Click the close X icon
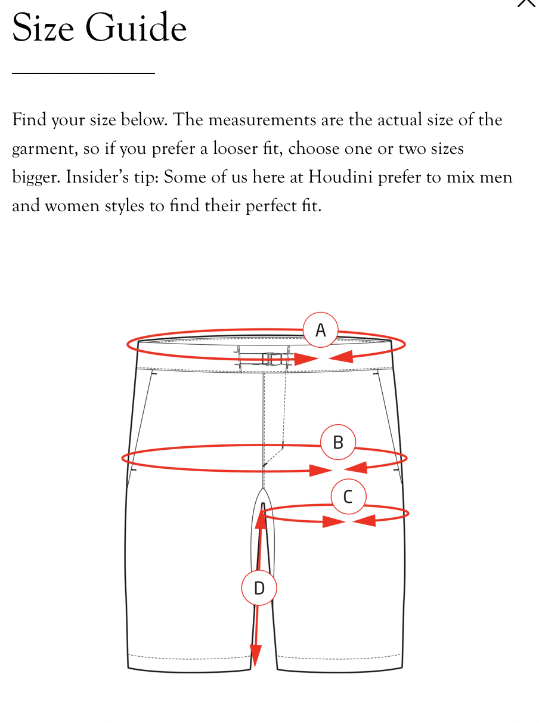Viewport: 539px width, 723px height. [x=527, y=2]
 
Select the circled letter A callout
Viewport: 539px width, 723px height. [x=320, y=330]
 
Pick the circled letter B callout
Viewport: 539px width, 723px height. [x=338, y=443]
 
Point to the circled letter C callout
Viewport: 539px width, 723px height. [x=348, y=496]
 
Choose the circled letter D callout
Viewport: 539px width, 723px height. [x=259, y=588]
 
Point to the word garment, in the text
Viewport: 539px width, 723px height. [x=44, y=149]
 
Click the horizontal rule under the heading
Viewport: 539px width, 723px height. [x=83, y=73]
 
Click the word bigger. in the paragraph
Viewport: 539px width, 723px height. [x=36, y=178]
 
